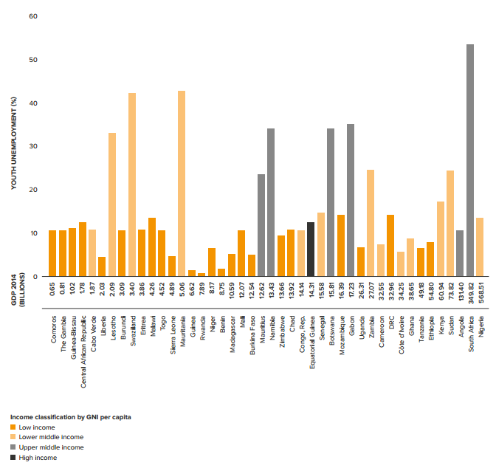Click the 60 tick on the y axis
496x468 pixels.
(x=32, y=16)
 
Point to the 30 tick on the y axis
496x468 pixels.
(x=32, y=146)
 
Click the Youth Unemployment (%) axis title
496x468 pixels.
(x=14, y=144)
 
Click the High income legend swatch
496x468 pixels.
(x=13, y=458)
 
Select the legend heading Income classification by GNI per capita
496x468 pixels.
(x=71, y=418)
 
